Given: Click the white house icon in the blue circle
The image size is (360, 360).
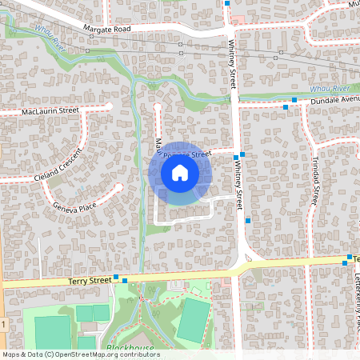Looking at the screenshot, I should click(180, 173).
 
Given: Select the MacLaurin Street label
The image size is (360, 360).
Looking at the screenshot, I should click(50, 110).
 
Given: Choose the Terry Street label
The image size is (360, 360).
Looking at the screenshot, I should click(89, 280).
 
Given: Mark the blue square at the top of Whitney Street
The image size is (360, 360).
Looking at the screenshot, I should click(227, 3).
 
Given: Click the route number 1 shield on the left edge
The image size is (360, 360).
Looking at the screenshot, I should click(3, 324).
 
